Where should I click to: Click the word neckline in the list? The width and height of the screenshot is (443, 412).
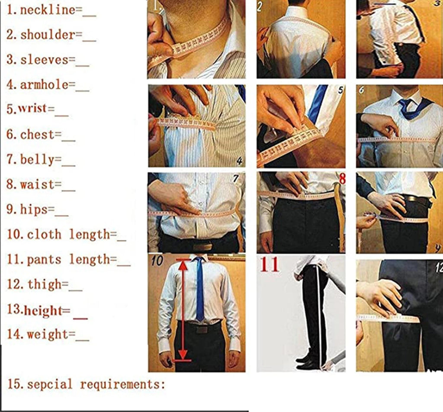(48, 10)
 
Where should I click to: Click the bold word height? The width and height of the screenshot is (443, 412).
(43, 310)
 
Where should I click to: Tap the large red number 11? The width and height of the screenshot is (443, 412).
(270, 264)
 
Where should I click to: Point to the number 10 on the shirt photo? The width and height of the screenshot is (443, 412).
(157, 261)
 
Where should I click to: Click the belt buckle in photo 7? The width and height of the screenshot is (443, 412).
(202, 245)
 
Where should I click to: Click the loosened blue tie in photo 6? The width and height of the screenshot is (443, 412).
(409, 108)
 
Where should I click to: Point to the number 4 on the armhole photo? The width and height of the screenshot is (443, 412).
(239, 162)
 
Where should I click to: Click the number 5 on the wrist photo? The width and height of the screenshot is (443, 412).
(340, 90)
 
